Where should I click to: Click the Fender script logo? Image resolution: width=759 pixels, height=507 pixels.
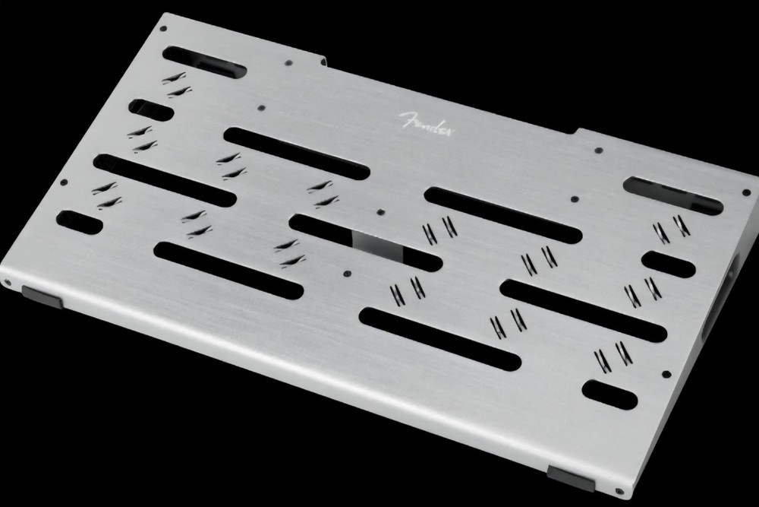pos(426,125)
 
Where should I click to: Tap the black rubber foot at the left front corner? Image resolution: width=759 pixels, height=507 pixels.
pos(42,297)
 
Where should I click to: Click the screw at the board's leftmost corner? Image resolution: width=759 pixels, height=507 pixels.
pos(8,282)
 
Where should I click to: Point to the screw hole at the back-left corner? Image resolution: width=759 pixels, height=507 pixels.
pos(163,29)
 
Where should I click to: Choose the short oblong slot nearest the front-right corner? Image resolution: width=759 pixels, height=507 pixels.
pos(610,395)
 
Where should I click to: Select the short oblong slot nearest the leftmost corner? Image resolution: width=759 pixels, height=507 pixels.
pos(80,223)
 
